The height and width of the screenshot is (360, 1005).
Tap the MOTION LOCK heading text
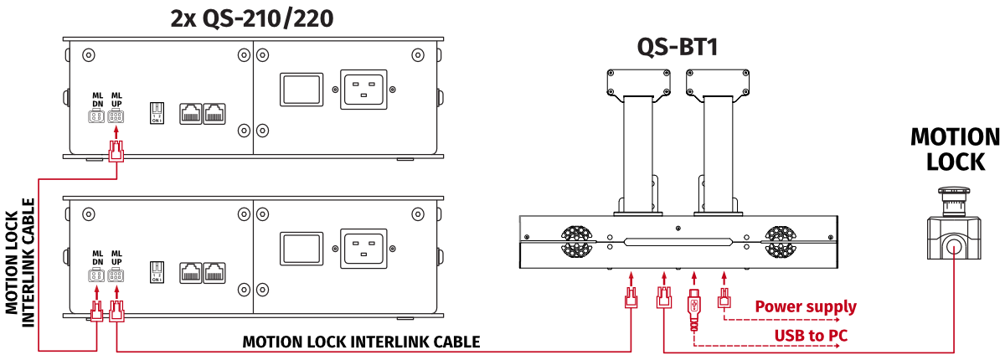click(955, 149)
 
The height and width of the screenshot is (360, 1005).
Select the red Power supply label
click(806, 306)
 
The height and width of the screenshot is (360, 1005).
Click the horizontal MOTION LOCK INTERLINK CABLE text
click(361, 342)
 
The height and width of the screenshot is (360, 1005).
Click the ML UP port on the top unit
click(116, 117)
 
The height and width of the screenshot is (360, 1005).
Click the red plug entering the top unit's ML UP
click(116, 152)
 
